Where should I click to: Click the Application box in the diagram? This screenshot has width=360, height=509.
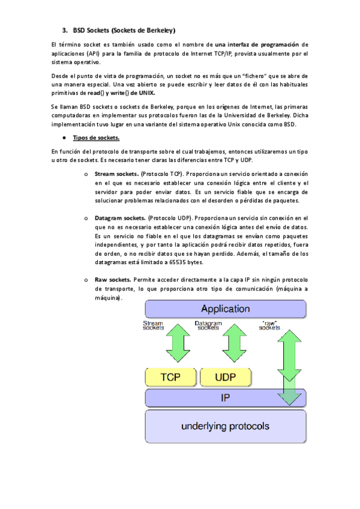pyautogui.click(x=225, y=309)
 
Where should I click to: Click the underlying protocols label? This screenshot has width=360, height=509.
pyautogui.click(x=225, y=427)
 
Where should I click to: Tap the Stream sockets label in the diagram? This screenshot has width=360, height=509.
pyautogui.click(x=153, y=325)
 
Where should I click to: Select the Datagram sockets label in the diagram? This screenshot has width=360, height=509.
pyautogui.click(x=208, y=325)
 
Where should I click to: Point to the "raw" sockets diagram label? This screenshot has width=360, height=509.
pyautogui.click(x=269, y=325)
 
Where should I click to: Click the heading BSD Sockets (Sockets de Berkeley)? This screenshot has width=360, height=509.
pyautogui.click(x=124, y=29)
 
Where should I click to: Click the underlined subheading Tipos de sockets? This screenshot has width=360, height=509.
pyautogui.click(x=96, y=138)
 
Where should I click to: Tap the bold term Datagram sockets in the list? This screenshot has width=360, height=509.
pyautogui.click(x=120, y=218)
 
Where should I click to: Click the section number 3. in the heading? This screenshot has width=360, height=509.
pyautogui.click(x=65, y=29)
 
